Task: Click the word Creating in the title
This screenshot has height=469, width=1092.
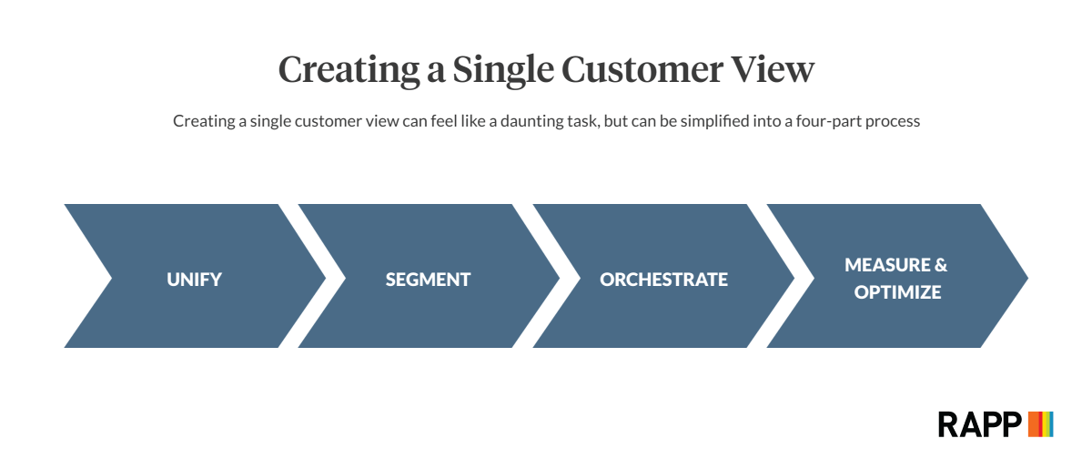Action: pyautogui.click(x=349, y=70)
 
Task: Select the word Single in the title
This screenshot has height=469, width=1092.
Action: pyautogui.click(x=503, y=70)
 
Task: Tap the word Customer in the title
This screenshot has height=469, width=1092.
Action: pyautogui.click(x=642, y=69)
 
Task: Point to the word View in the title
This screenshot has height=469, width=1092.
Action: pyautogui.click(x=773, y=69)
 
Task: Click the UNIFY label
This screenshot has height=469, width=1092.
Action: pyautogui.click(x=194, y=280)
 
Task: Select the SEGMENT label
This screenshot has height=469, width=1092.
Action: pyautogui.click(x=428, y=280)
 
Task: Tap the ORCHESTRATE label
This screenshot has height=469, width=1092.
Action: pyautogui.click(x=663, y=280)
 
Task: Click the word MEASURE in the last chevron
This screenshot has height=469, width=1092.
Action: pyautogui.click(x=887, y=265)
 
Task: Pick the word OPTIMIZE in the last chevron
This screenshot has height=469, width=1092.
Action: pyautogui.click(x=897, y=292)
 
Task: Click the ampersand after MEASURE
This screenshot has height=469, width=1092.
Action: pyautogui.click(x=941, y=265)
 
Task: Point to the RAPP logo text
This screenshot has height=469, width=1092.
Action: pyautogui.click(x=979, y=424)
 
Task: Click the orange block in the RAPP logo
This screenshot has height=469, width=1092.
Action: pyautogui.click(x=1034, y=424)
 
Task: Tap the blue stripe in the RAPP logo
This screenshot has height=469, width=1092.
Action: pyautogui.click(x=1051, y=424)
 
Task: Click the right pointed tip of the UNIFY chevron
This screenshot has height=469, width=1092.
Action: pyautogui.click(x=325, y=278)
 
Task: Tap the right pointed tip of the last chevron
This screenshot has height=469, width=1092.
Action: pyautogui.click(x=1028, y=278)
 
